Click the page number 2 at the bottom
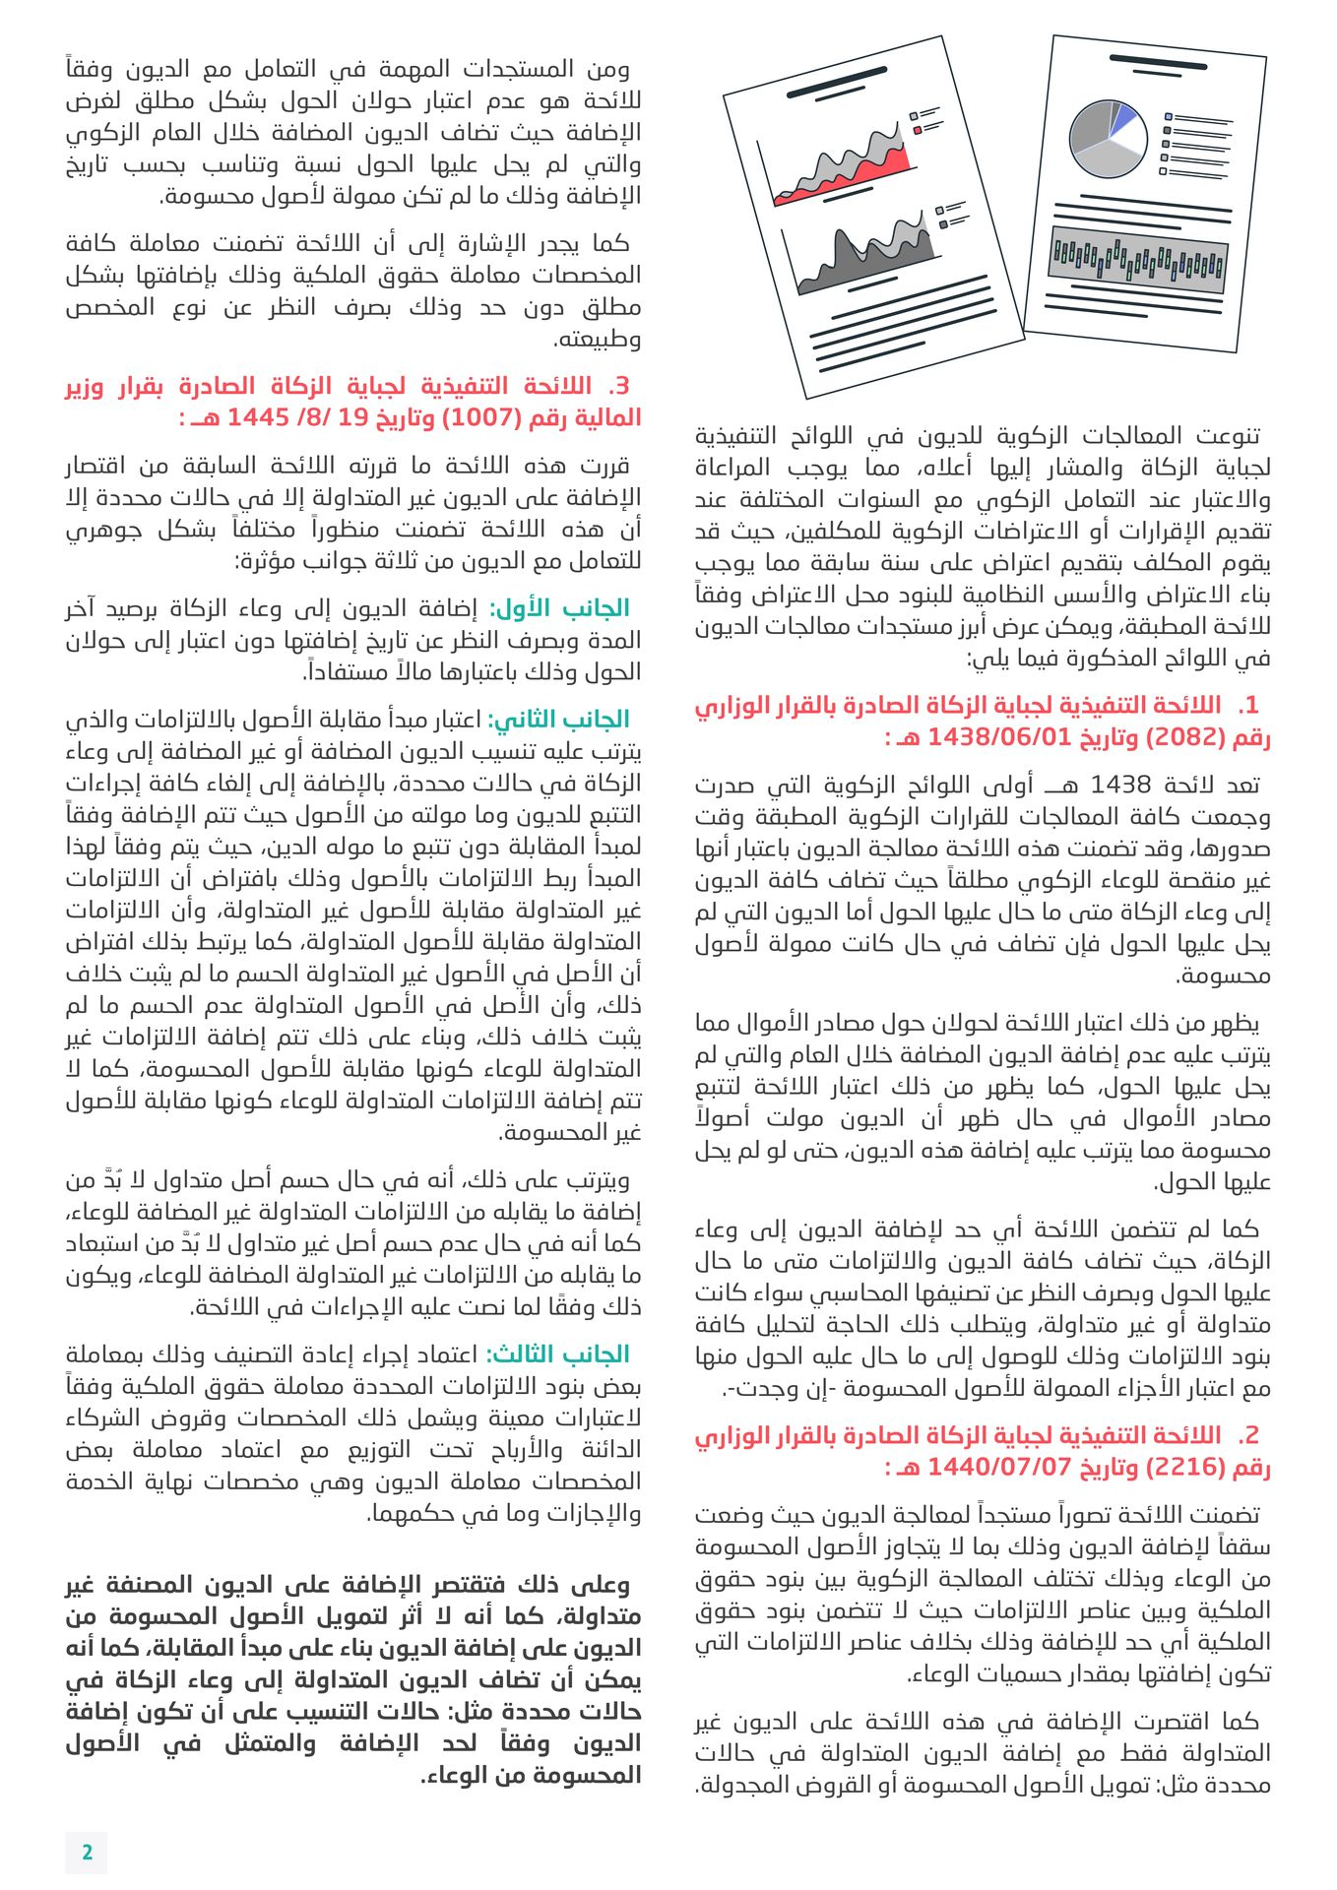(87, 1852)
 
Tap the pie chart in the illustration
(1108, 139)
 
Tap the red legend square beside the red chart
(918, 130)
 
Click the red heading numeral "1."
(1247, 706)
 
